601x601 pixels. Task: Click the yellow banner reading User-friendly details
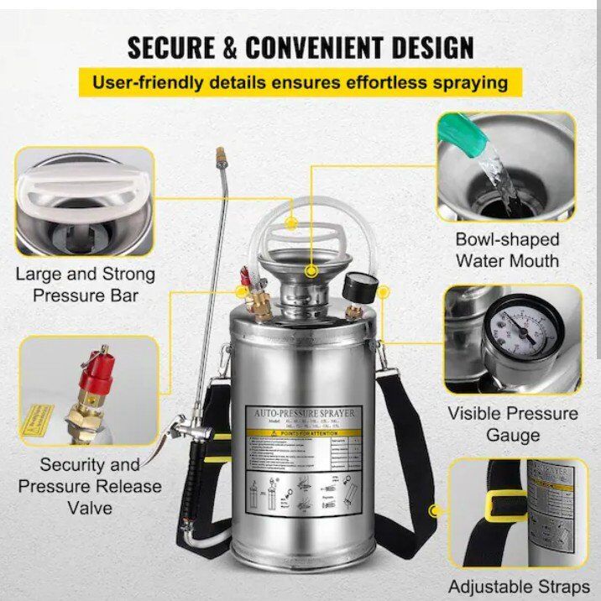click(x=300, y=82)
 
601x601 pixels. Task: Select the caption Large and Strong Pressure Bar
click(x=86, y=285)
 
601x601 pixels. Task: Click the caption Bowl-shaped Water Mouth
click(x=507, y=249)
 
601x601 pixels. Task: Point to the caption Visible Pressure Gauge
click(x=512, y=424)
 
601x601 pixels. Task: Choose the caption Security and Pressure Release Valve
click(x=89, y=485)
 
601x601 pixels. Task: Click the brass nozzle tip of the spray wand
click(x=222, y=156)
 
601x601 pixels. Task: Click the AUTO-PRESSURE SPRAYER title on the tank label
click(x=299, y=413)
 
